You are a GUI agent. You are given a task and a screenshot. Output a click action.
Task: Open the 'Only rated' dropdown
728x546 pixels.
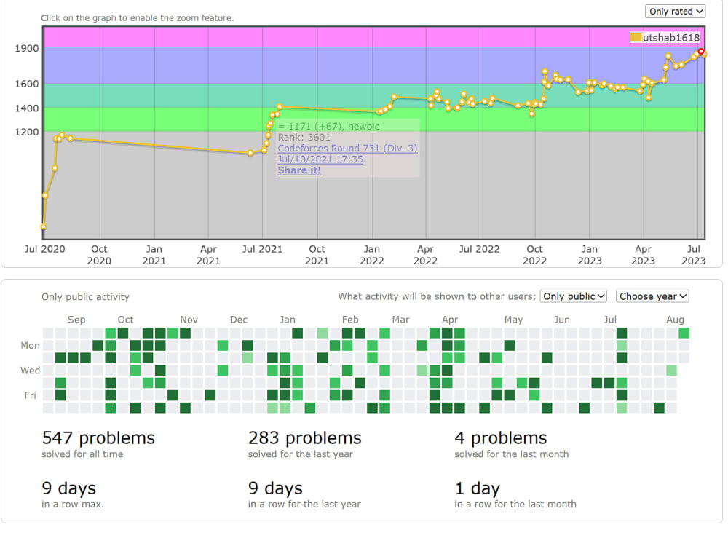(676, 12)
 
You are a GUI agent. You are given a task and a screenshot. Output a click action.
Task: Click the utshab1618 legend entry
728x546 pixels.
(664, 38)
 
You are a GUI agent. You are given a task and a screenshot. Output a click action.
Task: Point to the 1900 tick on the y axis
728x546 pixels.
(29, 48)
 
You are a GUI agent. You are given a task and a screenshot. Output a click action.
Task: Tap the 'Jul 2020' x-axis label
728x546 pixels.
(44, 249)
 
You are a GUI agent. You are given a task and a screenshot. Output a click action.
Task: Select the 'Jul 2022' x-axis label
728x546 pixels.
(479, 249)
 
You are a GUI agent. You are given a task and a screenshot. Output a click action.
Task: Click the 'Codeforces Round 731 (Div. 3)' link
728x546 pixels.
(347, 149)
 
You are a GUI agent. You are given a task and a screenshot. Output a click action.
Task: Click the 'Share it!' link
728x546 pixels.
(298, 170)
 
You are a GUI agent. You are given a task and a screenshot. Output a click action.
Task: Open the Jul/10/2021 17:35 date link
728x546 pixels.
(320, 159)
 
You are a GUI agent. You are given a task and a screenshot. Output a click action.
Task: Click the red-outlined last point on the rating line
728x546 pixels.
(701, 52)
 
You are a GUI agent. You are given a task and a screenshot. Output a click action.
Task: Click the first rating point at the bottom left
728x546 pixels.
(44, 226)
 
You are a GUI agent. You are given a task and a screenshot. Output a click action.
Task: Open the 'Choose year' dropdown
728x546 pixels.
(652, 296)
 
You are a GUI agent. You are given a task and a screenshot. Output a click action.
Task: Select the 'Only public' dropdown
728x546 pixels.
(574, 296)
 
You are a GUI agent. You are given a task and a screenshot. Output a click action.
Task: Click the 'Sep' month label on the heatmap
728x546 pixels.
(76, 320)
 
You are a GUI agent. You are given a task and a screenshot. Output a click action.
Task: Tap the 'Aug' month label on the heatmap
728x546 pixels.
(675, 320)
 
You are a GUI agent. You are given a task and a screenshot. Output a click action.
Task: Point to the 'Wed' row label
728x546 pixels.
(30, 371)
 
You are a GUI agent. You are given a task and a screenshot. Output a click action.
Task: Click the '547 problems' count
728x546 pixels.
(98, 438)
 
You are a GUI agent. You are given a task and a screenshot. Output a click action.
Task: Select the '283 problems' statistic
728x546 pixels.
(304, 438)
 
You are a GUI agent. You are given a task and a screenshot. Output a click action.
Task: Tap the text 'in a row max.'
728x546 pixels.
(73, 504)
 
